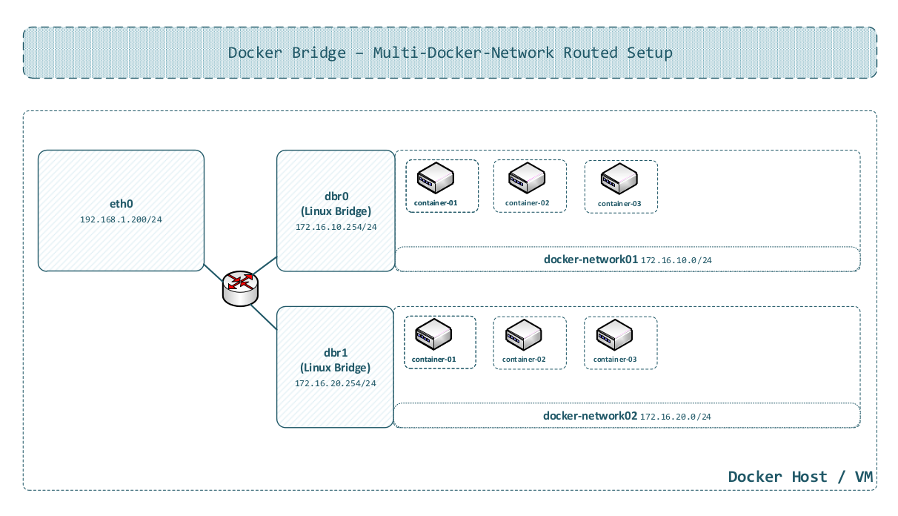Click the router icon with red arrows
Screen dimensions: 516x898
(240, 288)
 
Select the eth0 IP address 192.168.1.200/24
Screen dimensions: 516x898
(121, 220)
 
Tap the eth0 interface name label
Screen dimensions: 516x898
(121, 203)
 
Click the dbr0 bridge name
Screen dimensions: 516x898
(336, 196)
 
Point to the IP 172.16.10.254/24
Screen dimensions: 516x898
(336, 228)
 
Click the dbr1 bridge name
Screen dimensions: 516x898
(336, 353)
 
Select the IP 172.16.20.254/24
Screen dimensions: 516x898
(336, 384)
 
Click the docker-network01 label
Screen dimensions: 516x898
(591, 259)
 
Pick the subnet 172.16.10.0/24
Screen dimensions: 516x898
(676, 260)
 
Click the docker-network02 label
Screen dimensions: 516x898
(590, 416)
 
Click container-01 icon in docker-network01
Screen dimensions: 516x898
(435, 178)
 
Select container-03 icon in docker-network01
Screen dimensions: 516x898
(619, 178)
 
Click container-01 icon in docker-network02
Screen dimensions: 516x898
(433, 334)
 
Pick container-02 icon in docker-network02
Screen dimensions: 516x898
(523, 335)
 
